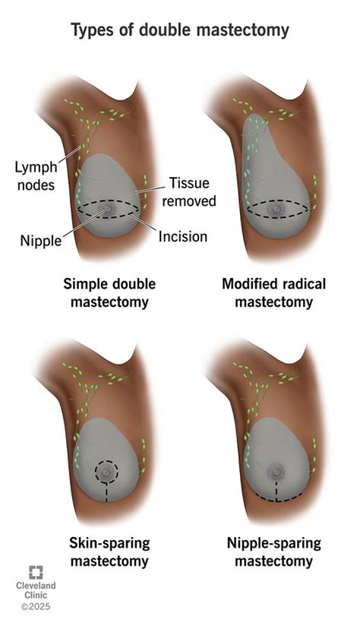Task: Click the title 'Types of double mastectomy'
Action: pos(180,30)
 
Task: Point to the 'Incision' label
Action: pos(182,235)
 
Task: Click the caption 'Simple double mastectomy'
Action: pos(109,293)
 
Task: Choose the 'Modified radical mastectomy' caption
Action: pos(273,293)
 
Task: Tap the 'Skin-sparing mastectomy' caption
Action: pos(109,551)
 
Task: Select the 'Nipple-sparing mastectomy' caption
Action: pos(273,551)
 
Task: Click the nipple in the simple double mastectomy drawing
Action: pos(107,209)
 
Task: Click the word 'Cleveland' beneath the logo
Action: pos(35,585)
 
